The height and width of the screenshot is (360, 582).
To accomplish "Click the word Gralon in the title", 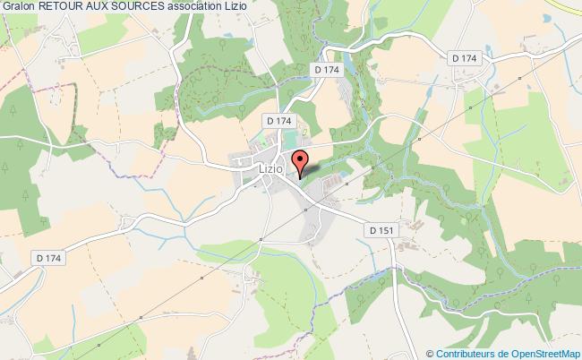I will tap(20, 8).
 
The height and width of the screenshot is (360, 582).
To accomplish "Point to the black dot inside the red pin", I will tap(300, 160).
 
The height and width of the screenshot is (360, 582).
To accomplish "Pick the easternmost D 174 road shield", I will tap(466, 58).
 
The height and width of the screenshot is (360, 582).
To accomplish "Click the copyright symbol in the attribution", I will tap(431, 353).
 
